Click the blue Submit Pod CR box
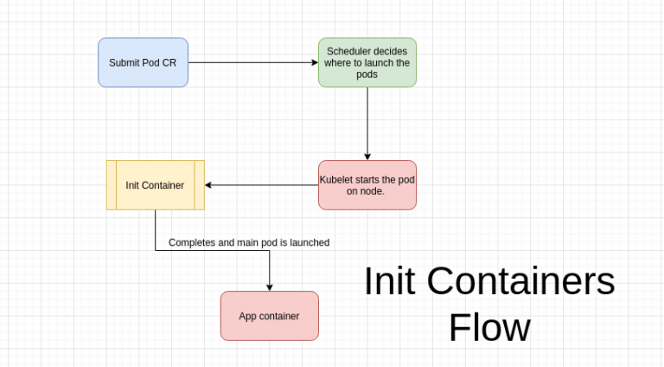coord(143,62)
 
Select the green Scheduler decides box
coord(367,62)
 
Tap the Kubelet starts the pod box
coord(367,184)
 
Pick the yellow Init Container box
coord(155,184)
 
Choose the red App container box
coord(269,316)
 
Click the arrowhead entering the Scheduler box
coord(314,62)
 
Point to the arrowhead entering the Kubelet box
coord(367,156)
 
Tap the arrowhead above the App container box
coord(270,287)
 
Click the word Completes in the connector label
coord(191,243)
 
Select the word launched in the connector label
coord(309,243)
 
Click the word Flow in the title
coord(488,328)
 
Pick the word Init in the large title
coord(389,281)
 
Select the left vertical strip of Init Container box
coord(111,184)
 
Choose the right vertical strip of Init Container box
coord(200,184)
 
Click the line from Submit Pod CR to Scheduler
coord(251,62)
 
